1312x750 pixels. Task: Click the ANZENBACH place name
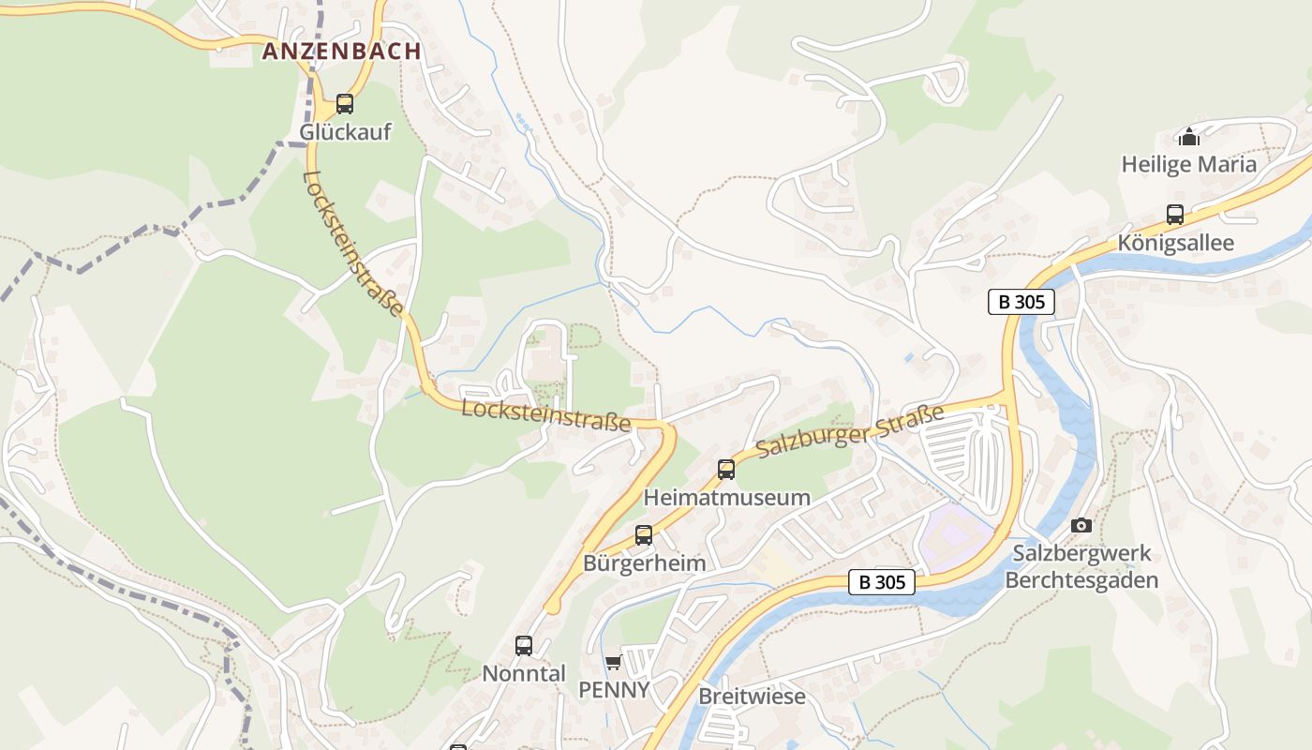click(x=341, y=52)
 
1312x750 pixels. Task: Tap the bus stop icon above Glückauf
click(x=345, y=104)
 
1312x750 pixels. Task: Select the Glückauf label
click(x=345, y=132)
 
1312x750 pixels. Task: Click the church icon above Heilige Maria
click(x=1189, y=137)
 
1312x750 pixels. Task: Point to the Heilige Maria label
click(x=1188, y=165)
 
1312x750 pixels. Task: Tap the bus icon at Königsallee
click(x=1175, y=215)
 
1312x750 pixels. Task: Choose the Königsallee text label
click(x=1175, y=243)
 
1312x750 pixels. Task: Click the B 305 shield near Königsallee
click(x=1021, y=302)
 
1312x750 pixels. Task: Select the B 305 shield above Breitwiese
click(x=881, y=582)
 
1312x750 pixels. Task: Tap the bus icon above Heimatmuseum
click(x=726, y=470)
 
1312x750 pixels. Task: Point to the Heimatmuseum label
click(x=726, y=498)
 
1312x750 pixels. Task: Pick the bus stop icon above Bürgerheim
click(x=644, y=535)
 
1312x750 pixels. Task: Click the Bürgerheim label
click(x=644, y=563)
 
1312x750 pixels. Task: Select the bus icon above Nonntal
click(x=524, y=646)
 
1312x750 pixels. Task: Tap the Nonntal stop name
click(x=524, y=673)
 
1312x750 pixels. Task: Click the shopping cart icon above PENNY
click(x=613, y=663)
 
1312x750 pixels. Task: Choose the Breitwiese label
click(x=752, y=697)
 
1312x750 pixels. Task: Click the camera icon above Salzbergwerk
click(x=1081, y=525)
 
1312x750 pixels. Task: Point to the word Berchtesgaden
click(x=1081, y=579)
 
